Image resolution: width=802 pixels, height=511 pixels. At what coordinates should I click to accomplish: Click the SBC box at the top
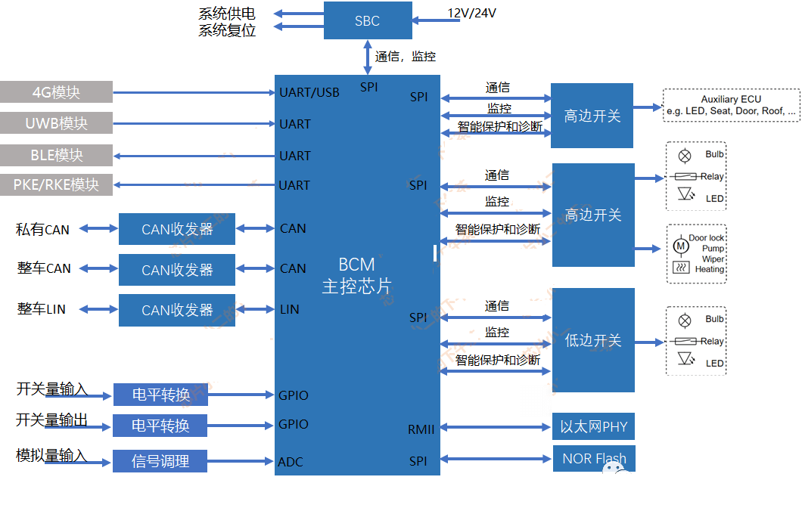point(368,20)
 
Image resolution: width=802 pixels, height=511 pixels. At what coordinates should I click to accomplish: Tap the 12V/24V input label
point(471,13)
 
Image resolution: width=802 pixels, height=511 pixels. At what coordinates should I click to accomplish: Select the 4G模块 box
point(56,92)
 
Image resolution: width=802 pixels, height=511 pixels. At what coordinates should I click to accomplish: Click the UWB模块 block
point(56,123)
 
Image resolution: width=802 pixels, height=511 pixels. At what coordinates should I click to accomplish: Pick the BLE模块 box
point(56,155)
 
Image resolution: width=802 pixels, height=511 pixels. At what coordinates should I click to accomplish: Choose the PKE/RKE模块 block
point(56,184)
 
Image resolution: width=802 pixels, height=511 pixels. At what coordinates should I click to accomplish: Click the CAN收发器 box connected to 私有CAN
point(177,229)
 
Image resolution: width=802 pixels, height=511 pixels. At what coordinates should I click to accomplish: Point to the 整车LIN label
point(42,309)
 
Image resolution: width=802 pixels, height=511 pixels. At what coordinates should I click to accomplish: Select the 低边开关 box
point(593,340)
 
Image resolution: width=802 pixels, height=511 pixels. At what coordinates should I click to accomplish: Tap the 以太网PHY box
point(593,426)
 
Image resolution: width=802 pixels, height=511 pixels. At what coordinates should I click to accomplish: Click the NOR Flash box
point(593,458)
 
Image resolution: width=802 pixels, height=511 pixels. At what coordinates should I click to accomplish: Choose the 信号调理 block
point(160,460)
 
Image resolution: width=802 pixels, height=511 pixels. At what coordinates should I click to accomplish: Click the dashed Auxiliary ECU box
point(731,105)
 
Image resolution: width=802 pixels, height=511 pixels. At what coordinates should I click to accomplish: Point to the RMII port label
point(421,429)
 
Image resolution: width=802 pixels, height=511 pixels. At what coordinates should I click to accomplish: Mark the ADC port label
point(291,462)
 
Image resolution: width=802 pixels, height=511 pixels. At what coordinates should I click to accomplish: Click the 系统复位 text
point(227,31)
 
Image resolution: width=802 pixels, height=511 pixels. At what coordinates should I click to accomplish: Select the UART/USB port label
point(309,92)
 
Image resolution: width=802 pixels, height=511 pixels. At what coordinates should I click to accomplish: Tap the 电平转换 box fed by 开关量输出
point(160,426)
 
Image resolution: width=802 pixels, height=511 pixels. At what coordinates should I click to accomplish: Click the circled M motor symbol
point(679,246)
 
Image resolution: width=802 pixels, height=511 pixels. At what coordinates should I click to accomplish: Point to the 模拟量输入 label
point(51,456)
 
